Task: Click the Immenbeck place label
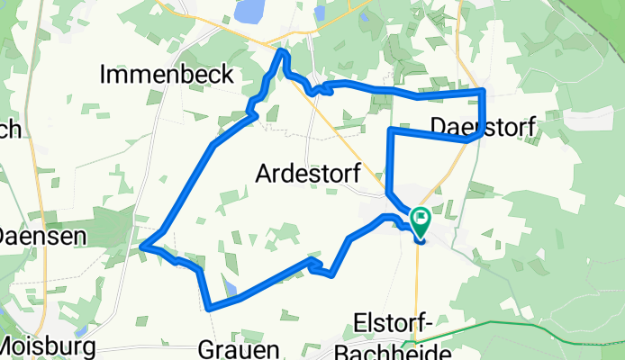pos(168,74)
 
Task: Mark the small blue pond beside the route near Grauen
pos(232,289)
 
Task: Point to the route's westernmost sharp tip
pos(142,244)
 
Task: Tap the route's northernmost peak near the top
pos(283,53)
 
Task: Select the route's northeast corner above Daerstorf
pos(484,91)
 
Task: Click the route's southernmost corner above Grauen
pos(209,308)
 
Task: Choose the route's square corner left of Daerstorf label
pos(390,130)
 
